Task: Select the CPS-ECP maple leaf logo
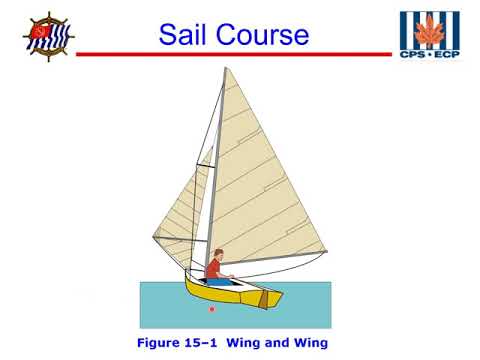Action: [430, 32]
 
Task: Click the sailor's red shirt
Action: [213, 268]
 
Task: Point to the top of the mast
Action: [224, 69]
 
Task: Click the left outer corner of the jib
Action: [154, 237]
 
